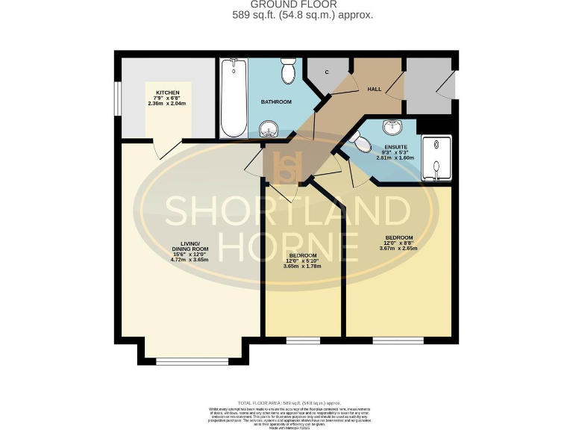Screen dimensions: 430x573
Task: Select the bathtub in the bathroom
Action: coord(233,99)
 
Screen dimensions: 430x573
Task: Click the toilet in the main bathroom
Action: coord(286,73)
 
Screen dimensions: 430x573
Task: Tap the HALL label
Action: coord(374,89)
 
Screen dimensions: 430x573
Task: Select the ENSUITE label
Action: coord(395,146)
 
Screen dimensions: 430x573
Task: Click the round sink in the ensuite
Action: coord(388,126)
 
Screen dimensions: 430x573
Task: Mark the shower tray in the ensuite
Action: coord(436,159)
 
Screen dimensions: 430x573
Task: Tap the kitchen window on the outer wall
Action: coord(118,97)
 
